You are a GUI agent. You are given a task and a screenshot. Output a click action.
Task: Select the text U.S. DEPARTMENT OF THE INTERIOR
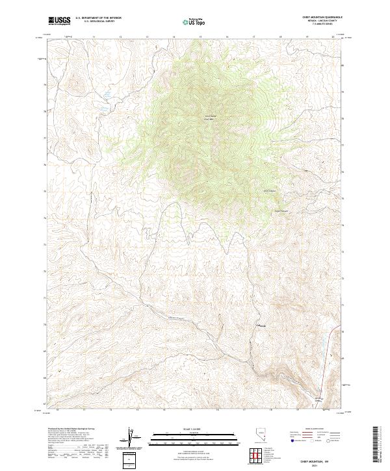(98, 18)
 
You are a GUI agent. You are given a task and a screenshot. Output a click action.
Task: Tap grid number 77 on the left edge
(45, 138)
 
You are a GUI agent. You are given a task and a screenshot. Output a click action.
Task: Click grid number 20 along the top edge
(333, 38)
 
